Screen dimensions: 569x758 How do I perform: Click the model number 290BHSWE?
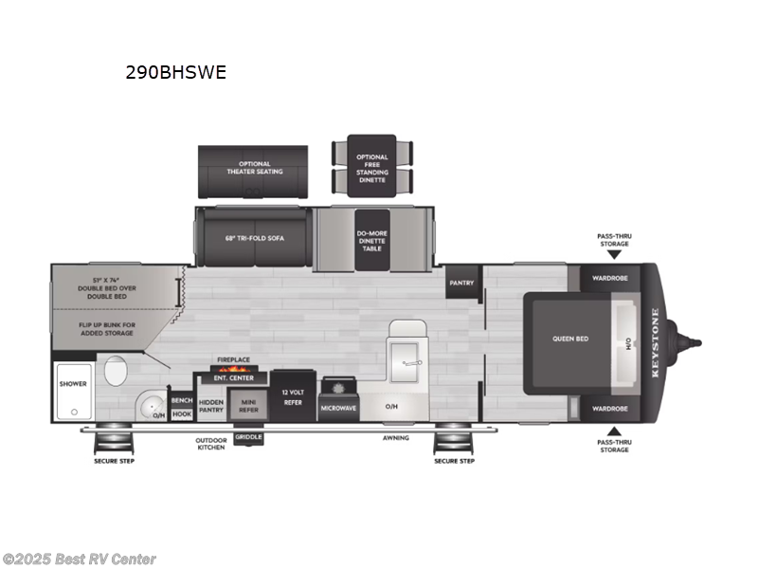coord(176,72)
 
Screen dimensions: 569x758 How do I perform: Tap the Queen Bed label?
coord(571,338)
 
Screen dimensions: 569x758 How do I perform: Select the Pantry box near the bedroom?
coord(461,282)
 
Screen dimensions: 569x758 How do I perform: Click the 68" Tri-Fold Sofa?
coord(254,238)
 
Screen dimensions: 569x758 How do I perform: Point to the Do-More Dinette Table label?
coord(372,237)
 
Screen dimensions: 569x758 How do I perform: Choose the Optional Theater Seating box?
coord(253,168)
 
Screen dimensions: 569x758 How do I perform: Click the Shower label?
coord(73,384)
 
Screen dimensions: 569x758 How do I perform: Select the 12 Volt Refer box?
coord(291,395)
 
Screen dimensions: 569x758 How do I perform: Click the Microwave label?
coord(337,407)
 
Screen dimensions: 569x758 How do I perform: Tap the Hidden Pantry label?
coord(211,406)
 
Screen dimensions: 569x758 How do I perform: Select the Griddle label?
coord(248,436)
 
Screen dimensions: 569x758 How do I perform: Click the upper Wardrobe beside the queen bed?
coord(605,278)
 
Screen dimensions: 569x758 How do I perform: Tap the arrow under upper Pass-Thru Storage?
coord(613,254)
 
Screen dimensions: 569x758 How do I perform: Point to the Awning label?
coord(396,437)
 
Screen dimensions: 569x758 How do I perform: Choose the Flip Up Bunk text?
coord(107,328)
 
